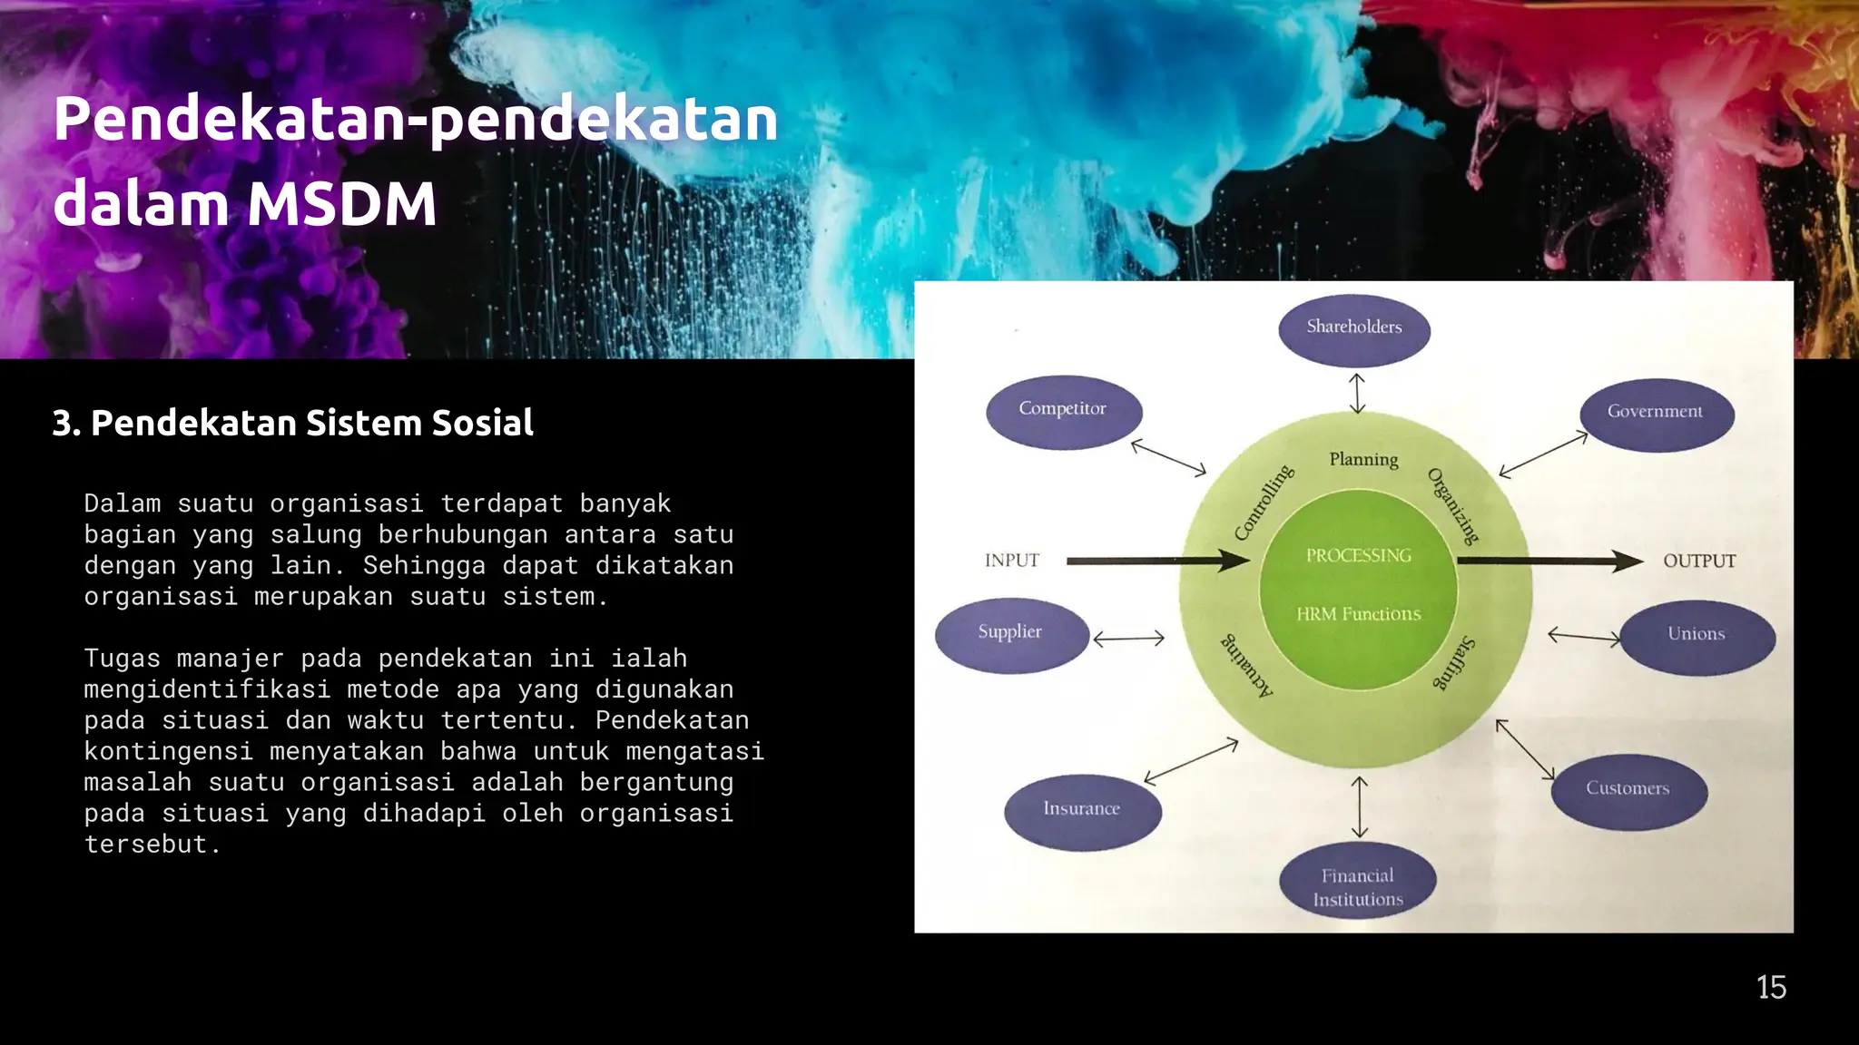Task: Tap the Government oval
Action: tap(1657, 414)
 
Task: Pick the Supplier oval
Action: tap(1011, 634)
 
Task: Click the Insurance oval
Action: tap(1082, 811)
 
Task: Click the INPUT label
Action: tap(1012, 561)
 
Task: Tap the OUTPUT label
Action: tap(1699, 562)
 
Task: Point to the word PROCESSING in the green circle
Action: tap(1359, 555)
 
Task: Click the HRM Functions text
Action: tap(1359, 614)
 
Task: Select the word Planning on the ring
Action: tap(1363, 460)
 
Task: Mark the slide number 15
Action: tap(1771, 987)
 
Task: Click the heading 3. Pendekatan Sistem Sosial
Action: tap(293, 423)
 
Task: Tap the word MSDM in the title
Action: tap(342, 204)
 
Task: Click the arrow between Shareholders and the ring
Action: tap(1357, 393)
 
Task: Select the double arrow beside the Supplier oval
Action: tap(1128, 639)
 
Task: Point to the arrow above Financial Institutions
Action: tap(1359, 806)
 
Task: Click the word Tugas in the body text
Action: tap(122, 659)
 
